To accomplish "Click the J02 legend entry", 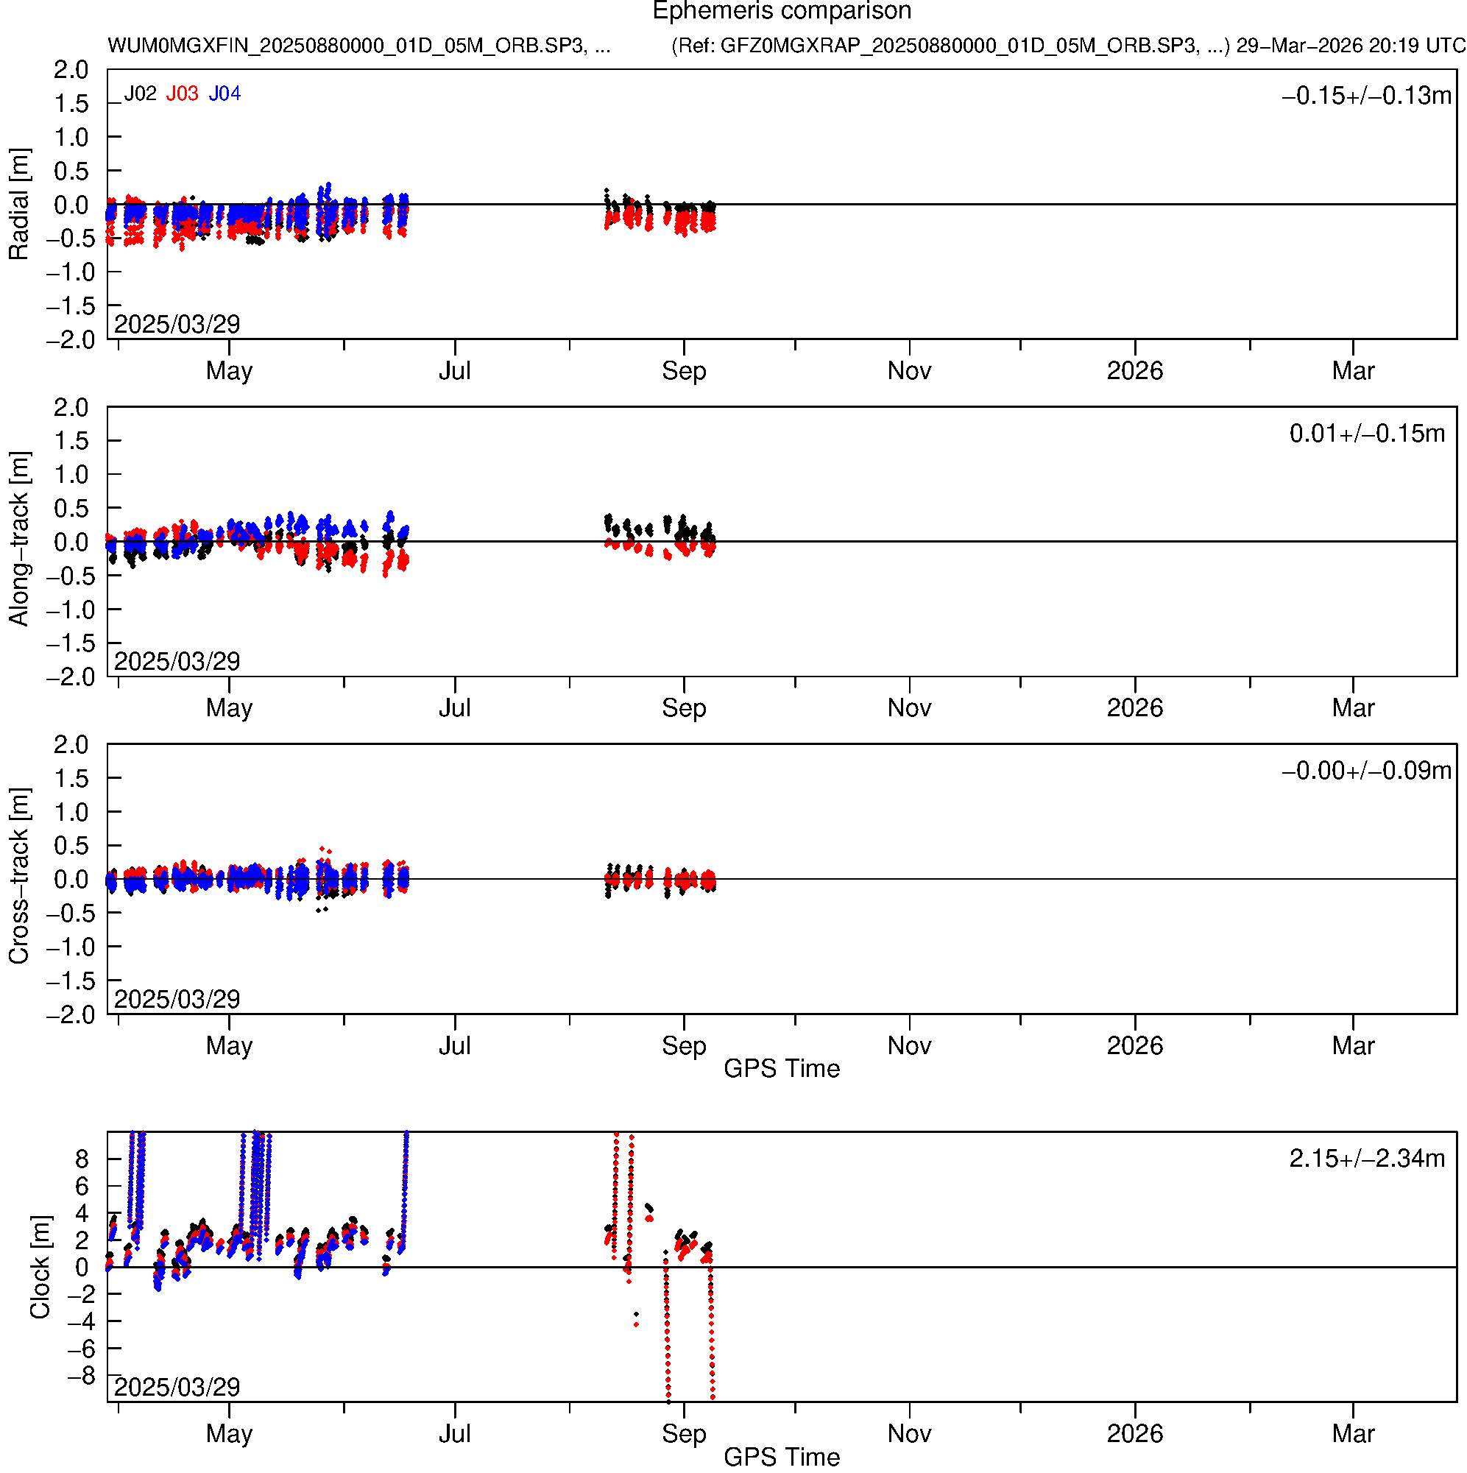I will (141, 93).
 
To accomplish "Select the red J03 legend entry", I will (183, 93).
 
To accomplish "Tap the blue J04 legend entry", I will (225, 93).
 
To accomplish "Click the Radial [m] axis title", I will (18, 205).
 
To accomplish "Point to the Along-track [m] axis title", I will (18, 539).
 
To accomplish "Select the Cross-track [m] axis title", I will (18, 877).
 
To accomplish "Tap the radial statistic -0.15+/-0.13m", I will (1366, 96).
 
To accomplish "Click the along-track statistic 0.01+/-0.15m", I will (1367, 434).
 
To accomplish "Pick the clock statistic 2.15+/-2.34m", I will (1367, 1159).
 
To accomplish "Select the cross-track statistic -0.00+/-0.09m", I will (1366, 771).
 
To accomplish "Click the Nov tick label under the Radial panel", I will (909, 371).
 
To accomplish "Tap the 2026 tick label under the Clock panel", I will (1134, 1434).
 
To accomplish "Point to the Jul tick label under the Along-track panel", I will (454, 708).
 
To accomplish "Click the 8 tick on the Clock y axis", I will (82, 1159).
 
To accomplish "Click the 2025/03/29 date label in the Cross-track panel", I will (177, 999).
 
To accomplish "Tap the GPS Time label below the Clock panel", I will (782, 1457).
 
